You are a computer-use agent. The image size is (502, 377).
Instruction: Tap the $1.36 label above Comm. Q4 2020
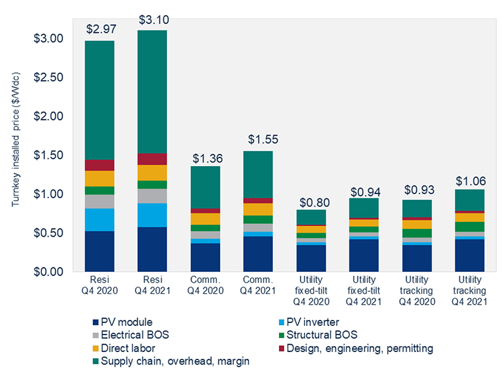coord(207,157)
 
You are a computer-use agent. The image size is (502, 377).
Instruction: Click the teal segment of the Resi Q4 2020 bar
coord(100,100)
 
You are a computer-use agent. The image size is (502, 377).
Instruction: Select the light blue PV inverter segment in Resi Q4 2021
coord(153,215)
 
